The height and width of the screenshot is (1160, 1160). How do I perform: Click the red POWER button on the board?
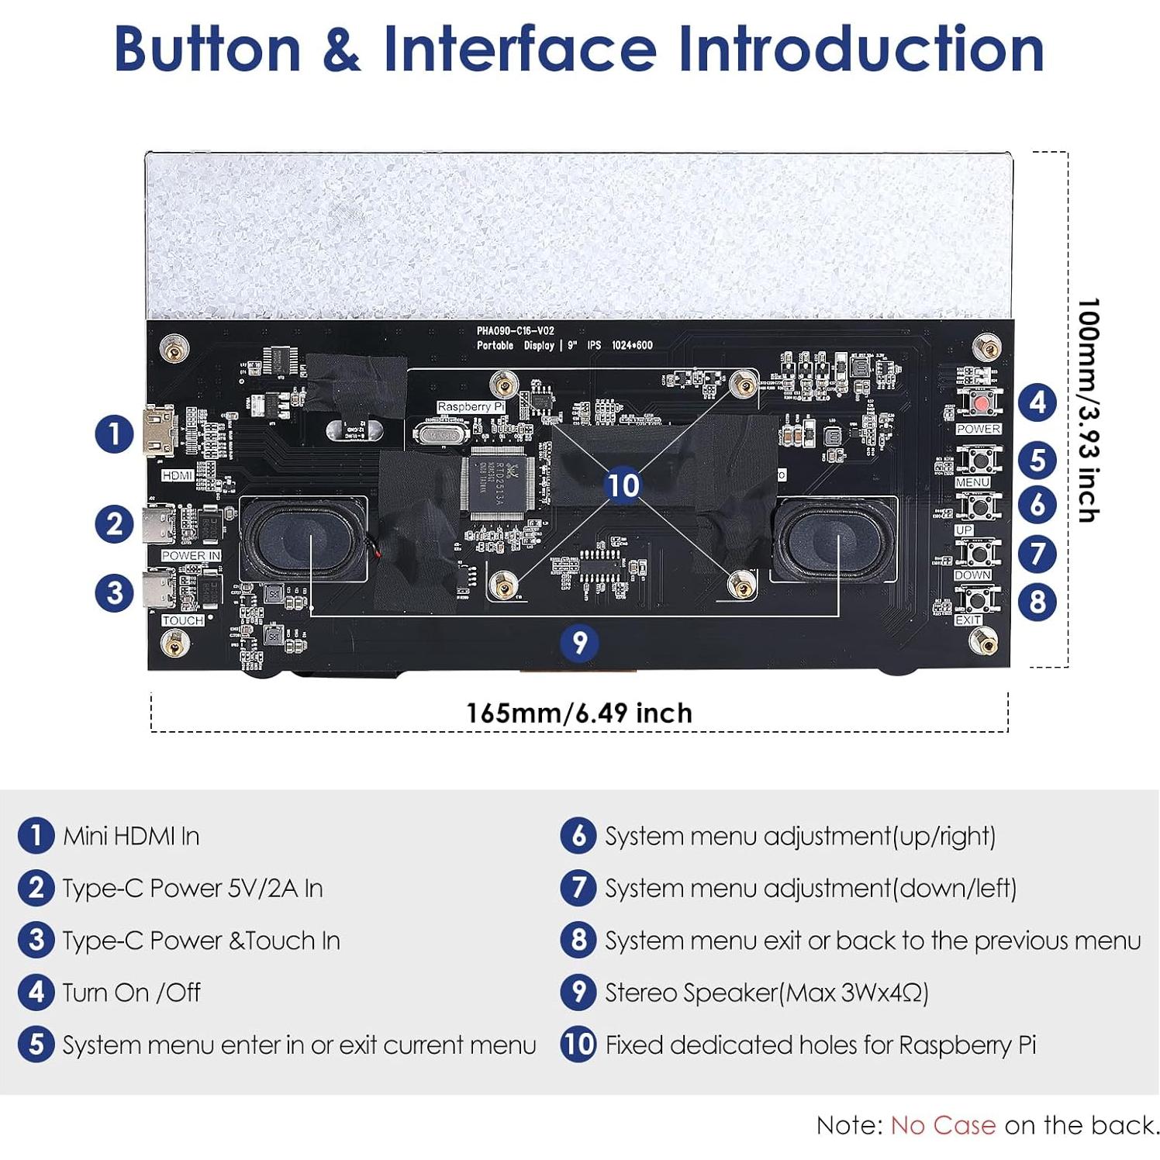tap(981, 403)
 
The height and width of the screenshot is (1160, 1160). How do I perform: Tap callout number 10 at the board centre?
tap(623, 485)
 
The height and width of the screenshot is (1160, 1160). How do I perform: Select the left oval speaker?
tap(302, 540)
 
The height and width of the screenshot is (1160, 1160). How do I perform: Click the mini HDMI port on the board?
tap(159, 431)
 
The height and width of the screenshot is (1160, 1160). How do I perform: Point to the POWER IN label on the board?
tap(191, 555)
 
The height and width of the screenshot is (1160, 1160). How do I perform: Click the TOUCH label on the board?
tap(183, 620)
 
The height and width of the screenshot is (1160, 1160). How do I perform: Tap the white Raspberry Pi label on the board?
tap(470, 406)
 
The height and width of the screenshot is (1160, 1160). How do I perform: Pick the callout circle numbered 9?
tap(579, 642)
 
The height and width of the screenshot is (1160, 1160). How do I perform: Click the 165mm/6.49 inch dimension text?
tap(578, 713)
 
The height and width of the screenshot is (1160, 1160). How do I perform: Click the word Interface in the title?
tap(520, 48)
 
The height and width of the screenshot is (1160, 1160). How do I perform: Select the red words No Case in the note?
tap(943, 1125)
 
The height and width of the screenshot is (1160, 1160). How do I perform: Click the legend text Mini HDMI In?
tap(131, 836)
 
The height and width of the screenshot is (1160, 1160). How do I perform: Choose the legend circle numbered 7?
tap(578, 888)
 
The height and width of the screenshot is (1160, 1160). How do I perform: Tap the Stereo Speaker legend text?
tap(766, 993)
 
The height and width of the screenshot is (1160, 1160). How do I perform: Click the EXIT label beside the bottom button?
tap(968, 620)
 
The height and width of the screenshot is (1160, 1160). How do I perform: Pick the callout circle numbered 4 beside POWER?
tap(1037, 403)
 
